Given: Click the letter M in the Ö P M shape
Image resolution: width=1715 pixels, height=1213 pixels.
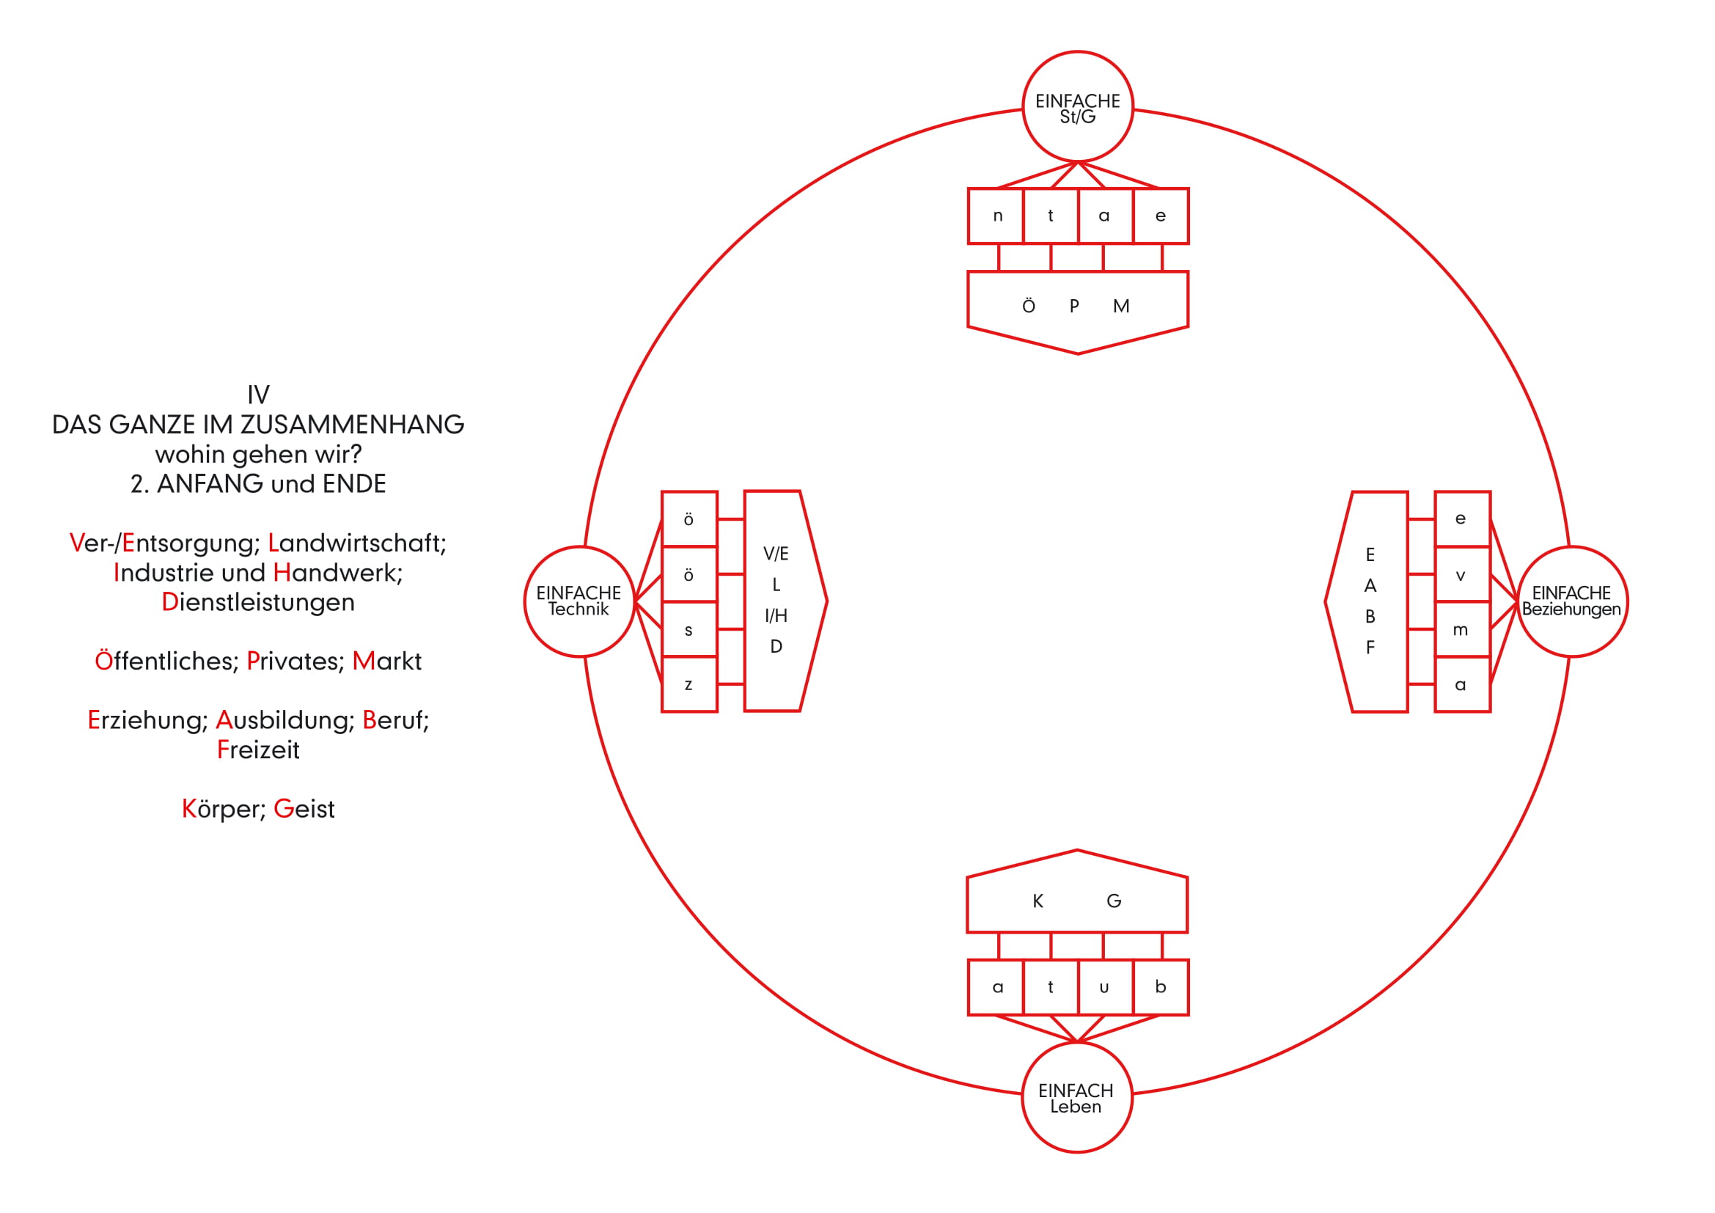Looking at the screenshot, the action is pos(1121,307).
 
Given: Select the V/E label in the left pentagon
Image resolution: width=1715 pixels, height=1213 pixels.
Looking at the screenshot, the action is pos(776,554).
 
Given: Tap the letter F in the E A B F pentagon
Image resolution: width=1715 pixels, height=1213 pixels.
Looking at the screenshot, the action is pos(1370,648).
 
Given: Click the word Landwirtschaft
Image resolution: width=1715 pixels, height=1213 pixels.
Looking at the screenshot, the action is pos(357,543).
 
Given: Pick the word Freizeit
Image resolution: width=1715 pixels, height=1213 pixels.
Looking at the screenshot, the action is pos(258,750).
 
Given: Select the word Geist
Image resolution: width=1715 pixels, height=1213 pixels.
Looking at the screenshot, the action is pos(304,809).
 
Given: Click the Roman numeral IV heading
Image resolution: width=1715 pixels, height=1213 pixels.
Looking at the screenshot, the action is pos(258,395).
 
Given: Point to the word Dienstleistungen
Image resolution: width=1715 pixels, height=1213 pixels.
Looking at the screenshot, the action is pos(258,603).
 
